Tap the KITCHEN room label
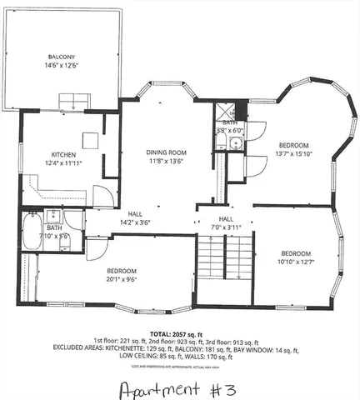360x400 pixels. pyautogui.click(x=64, y=154)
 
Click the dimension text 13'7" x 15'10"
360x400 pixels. pyautogui.click(x=293, y=152)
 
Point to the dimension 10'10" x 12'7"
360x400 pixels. pyautogui.click(x=296, y=262)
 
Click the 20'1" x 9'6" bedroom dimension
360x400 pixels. pyautogui.click(x=121, y=280)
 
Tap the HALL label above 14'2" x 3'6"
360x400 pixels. pyautogui.click(x=134, y=212)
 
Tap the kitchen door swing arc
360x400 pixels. pyautogui.click(x=102, y=197)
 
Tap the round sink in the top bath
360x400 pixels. pyautogui.click(x=236, y=143)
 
